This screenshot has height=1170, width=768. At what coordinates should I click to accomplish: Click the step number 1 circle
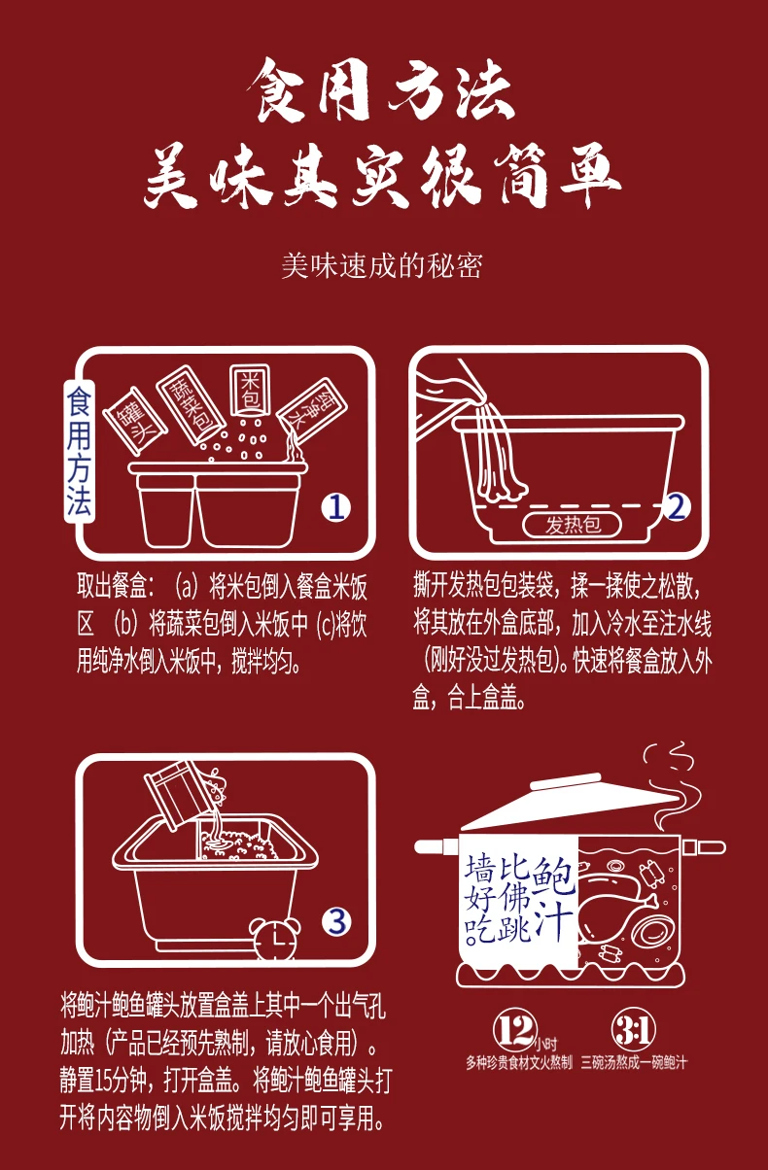tap(335, 507)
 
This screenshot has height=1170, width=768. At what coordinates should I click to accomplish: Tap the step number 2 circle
tap(676, 506)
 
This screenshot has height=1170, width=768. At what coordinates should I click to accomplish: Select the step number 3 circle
tap(336, 921)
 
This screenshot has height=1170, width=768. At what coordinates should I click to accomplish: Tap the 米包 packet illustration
tap(251, 390)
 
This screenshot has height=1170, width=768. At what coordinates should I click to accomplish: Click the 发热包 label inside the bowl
tap(572, 525)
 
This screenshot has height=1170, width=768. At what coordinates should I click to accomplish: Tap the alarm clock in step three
tap(275, 938)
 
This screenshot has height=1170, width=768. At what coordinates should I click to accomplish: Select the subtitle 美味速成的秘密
tap(382, 266)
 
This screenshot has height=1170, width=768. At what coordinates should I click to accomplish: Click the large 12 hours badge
tap(515, 1030)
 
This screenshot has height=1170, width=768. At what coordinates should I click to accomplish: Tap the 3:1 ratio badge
tap(633, 1030)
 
